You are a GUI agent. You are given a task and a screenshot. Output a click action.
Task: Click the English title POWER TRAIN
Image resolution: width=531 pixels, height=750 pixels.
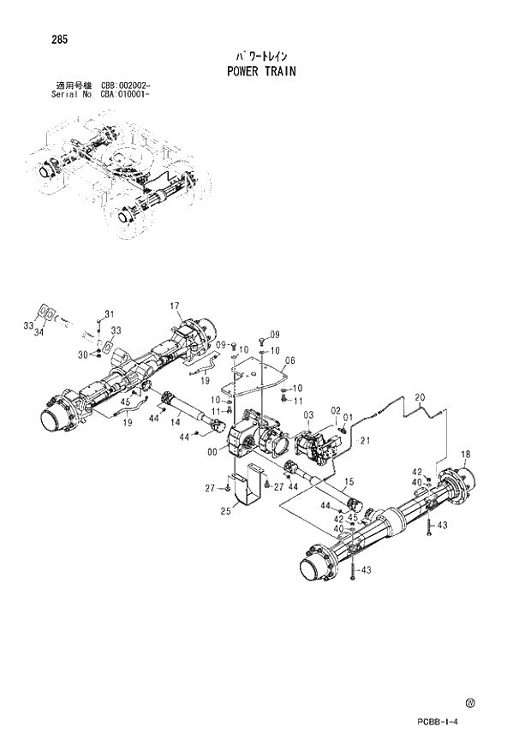[261, 72]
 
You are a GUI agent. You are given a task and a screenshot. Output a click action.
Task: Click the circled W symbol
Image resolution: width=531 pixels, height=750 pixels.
[470, 704]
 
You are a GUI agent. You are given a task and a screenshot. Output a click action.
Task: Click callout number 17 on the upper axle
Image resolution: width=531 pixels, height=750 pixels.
[174, 307]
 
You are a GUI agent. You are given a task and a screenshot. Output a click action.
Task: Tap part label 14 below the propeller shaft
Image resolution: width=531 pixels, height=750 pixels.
[175, 422]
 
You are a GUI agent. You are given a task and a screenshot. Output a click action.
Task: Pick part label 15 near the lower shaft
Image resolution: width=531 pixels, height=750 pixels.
[349, 481]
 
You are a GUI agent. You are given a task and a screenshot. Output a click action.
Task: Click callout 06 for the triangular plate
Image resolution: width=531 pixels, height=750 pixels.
[289, 360]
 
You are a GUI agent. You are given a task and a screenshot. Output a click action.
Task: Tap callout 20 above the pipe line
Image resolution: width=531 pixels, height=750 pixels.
[420, 396]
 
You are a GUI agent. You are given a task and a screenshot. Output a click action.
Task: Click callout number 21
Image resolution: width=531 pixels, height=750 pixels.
[363, 441]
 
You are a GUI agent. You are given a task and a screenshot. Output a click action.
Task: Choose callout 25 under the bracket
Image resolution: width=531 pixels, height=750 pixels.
[225, 513]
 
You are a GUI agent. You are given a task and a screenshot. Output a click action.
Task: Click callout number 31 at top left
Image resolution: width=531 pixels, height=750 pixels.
[109, 312]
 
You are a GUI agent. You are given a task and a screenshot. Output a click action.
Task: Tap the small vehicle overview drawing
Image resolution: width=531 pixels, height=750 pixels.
[120, 176]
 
